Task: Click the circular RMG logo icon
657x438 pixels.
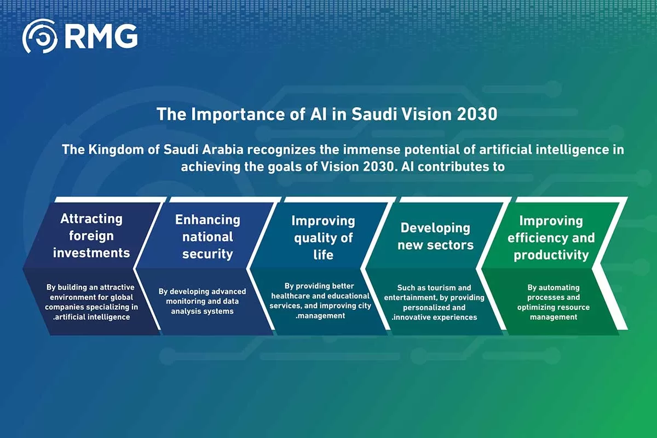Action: coord(39,37)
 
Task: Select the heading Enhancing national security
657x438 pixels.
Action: coord(208,237)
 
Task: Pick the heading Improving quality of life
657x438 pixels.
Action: coord(323,238)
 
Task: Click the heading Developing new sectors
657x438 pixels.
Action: coord(435,236)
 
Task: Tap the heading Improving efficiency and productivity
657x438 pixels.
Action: coord(551,238)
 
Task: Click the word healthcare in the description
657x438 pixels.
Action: coord(293,296)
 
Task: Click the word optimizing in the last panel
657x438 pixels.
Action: coord(537,307)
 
